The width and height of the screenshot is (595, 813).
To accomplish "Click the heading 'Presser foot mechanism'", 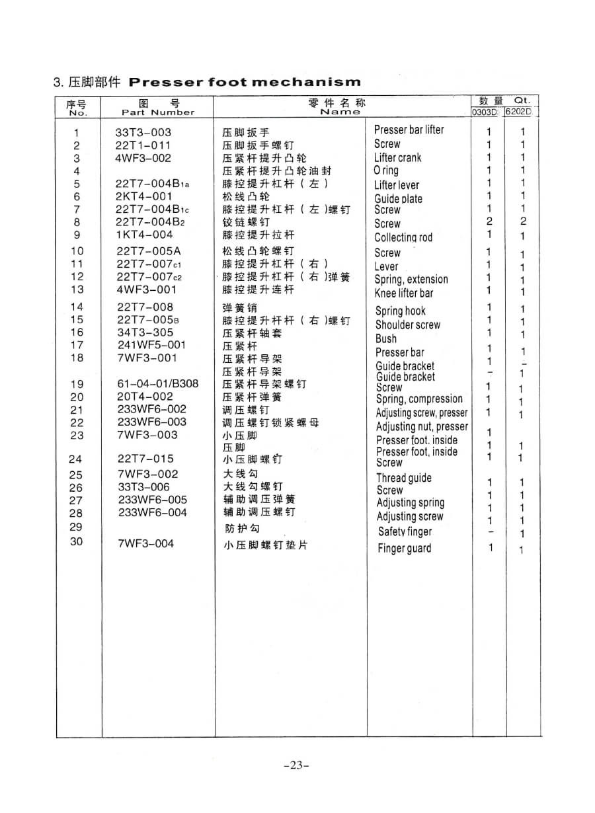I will click(245, 83).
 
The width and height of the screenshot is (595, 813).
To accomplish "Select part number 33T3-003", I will click(143, 132).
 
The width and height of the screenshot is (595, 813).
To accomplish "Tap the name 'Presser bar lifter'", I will click(409, 130).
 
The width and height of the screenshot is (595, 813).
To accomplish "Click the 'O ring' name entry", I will click(386, 171).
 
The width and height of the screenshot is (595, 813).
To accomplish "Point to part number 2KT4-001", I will click(143, 196).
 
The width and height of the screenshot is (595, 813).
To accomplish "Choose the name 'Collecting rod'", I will click(403, 237).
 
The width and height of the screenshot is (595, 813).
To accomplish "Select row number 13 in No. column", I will click(77, 290).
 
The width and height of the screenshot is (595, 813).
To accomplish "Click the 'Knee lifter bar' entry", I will click(403, 293).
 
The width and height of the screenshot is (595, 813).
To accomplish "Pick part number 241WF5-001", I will click(151, 344).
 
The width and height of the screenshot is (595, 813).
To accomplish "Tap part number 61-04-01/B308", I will click(157, 383).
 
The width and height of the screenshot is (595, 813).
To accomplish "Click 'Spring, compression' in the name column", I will click(419, 399).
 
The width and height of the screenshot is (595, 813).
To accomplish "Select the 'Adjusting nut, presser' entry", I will click(422, 426).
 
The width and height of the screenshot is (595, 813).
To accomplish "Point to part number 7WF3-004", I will click(145, 544).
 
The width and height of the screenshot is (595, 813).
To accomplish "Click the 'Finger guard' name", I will click(404, 548).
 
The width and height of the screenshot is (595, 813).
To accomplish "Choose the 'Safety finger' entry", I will click(405, 531).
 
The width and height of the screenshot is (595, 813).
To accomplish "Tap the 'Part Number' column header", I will click(158, 112).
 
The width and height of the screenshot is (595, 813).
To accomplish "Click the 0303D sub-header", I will click(488, 112).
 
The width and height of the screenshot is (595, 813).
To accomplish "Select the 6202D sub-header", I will click(522, 112).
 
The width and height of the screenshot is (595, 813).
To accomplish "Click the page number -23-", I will click(296, 765).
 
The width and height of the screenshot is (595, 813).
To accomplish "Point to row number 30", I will click(77, 543).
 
